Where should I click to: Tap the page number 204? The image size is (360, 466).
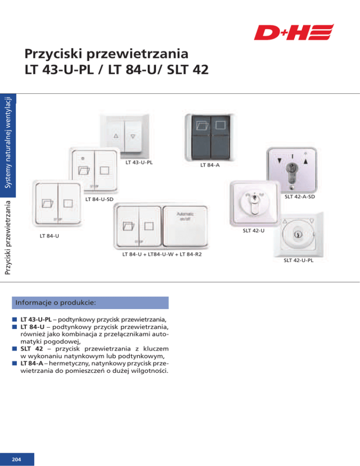pos(17,458)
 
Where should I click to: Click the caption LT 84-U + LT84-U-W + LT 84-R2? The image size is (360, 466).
pos(158,254)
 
